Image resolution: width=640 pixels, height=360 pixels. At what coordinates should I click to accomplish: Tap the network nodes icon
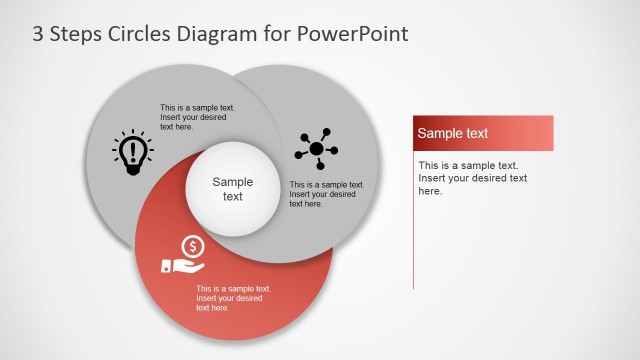coord(316,149)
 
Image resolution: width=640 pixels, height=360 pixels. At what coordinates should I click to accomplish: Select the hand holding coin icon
coord(184,255)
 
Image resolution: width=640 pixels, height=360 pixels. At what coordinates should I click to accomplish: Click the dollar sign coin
coord(193,245)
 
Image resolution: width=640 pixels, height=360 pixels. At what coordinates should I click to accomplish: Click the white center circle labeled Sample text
coord(233,189)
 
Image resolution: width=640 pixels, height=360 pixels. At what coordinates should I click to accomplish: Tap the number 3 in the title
coord(39,33)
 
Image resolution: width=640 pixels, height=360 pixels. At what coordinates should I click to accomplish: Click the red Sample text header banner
coord(483,133)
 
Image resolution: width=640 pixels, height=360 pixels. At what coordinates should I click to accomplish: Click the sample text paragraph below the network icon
coord(326,194)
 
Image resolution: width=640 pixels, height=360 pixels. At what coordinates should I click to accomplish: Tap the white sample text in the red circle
coord(232,298)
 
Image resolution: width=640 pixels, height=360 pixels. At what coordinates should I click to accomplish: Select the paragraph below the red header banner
coord(472,178)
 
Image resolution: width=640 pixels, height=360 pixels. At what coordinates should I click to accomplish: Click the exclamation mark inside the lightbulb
coord(132,150)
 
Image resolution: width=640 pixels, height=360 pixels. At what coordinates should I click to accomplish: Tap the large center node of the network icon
coord(317,150)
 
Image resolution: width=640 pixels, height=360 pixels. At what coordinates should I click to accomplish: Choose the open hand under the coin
coord(182,266)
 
